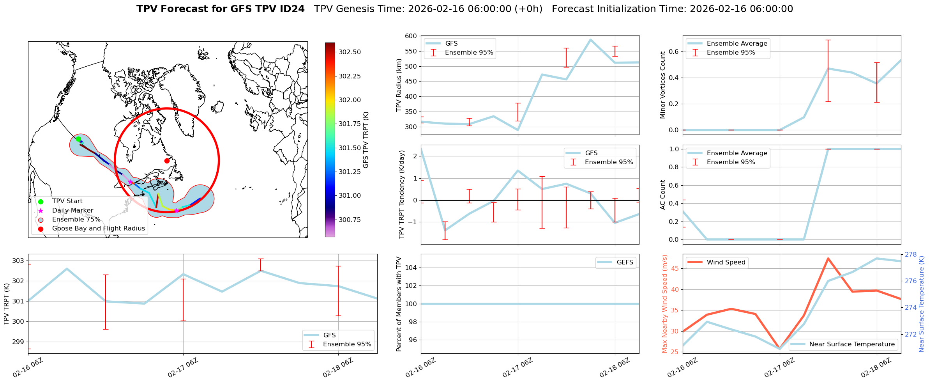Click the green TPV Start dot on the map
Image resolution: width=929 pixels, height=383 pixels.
point(78,139)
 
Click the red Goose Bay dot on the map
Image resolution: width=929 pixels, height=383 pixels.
point(167,161)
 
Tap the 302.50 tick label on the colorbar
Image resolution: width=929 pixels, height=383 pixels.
point(349,52)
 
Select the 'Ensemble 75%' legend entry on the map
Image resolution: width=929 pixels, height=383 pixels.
point(76,220)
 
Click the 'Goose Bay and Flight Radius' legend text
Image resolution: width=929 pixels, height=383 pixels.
point(98,229)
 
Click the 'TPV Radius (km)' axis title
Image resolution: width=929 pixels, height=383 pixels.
point(399,85)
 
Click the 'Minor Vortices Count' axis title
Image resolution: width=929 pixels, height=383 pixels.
point(662,85)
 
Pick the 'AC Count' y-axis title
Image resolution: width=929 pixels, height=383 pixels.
point(662,195)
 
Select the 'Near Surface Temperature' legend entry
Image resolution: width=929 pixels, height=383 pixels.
point(851,344)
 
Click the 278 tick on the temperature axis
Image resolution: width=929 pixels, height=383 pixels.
point(911,255)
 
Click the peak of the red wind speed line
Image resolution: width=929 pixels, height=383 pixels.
point(828,258)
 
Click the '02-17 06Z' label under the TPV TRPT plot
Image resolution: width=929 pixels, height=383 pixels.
point(183,368)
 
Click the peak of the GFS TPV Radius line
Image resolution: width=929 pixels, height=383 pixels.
point(591,39)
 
